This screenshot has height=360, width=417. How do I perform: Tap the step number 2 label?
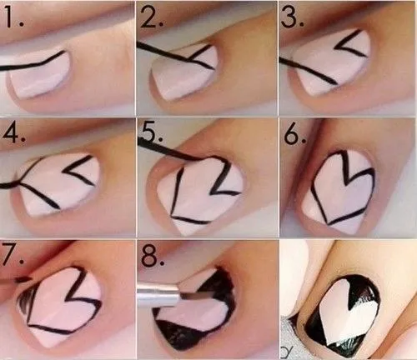coord(153,16)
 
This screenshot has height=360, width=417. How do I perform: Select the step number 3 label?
coord(293,16)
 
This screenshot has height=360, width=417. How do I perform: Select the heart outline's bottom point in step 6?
coord(330,222)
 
